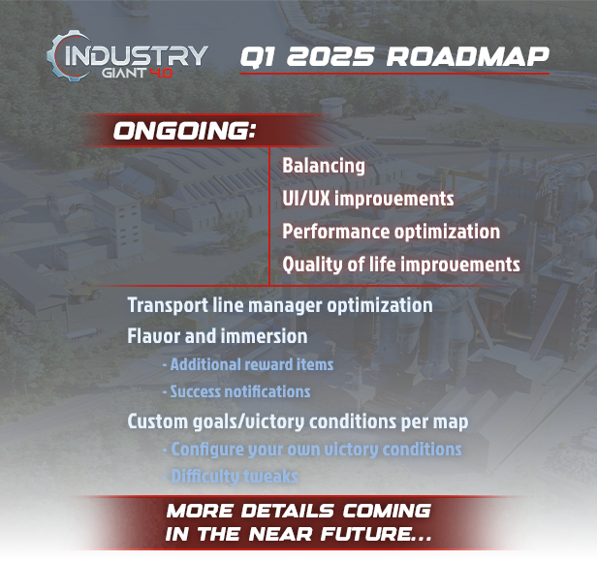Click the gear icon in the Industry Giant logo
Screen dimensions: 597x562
coord(57,56)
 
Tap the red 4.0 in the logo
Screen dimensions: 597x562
coord(162,73)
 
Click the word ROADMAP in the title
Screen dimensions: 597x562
coord(467,57)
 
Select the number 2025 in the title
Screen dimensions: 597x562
coord(330,57)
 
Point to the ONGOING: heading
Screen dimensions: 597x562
coord(184,131)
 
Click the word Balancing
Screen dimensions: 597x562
coord(324,166)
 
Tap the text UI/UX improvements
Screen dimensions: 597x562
coord(368,199)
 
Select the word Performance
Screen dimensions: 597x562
coord(335,232)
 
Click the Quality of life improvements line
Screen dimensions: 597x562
coord(401,265)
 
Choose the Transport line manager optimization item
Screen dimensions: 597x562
coord(280,305)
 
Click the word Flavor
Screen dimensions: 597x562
coord(154,336)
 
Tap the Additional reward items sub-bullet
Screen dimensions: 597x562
coord(248,364)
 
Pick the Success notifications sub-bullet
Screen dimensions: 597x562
coord(236,391)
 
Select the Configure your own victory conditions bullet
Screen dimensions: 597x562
coord(312,450)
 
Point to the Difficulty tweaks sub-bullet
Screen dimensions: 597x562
coord(231,477)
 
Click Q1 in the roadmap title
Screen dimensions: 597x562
coord(258,57)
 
